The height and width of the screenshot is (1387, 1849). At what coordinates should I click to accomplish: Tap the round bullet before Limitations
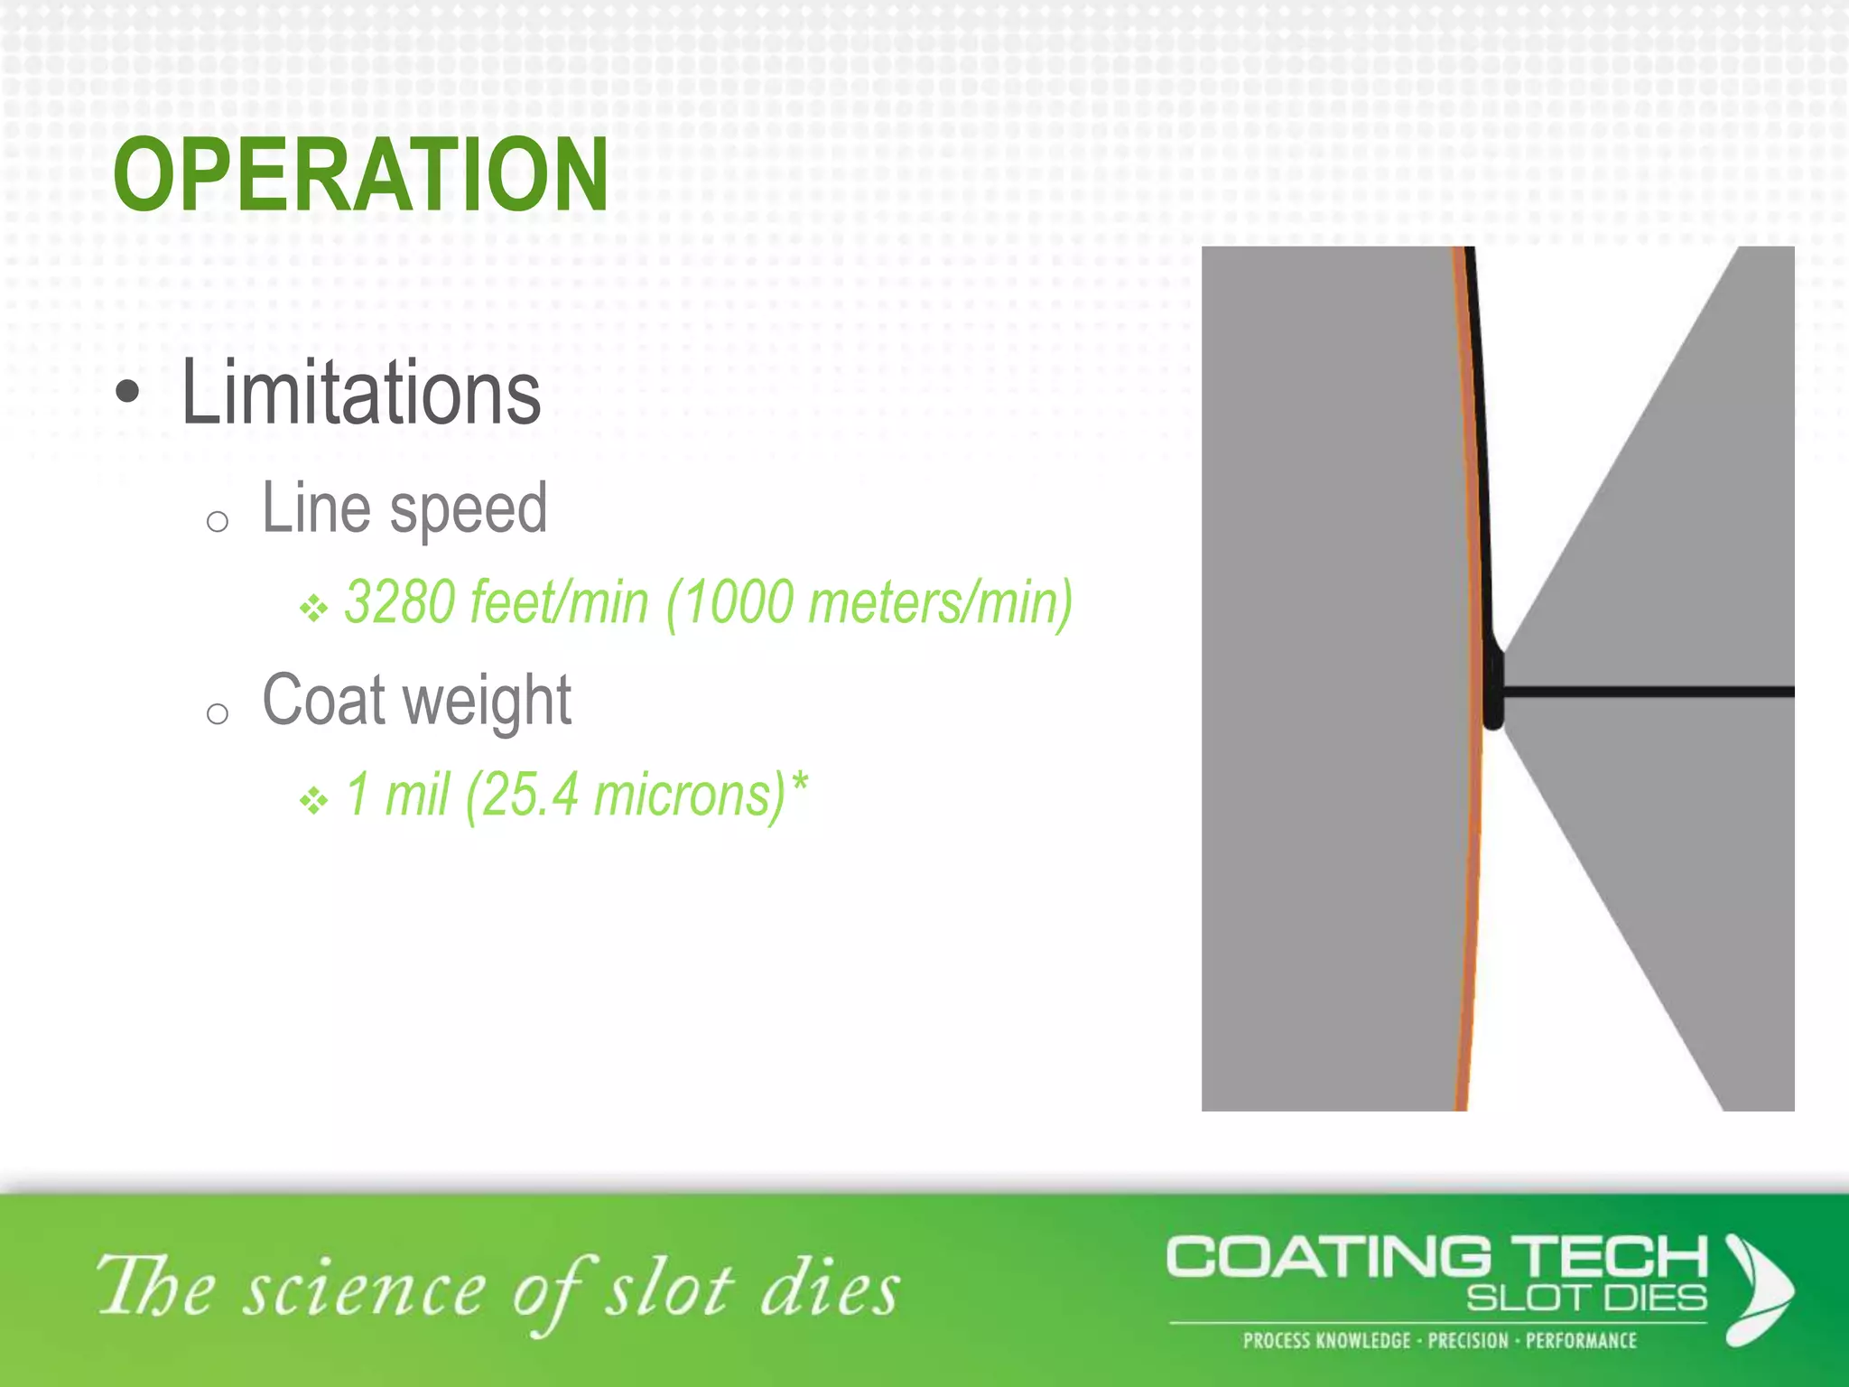pyautogui.click(x=128, y=393)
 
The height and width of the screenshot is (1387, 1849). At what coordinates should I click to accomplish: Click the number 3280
pyautogui.click(x=399, y=602)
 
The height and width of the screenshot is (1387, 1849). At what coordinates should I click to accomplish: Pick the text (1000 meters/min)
pyautogui.click(x=869, y=603)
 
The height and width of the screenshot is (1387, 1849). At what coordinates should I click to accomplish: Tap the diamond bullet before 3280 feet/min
pyautogui.click(x=313, y=608)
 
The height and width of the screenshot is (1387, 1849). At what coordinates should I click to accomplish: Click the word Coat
pyautogui.click(x=321, y=701)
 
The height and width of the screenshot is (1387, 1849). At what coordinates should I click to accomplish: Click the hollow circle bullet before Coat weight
pyautogui.click(x=217, y=714)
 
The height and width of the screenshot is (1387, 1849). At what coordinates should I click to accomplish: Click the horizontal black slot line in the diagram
pyautogui.click(x=1643, y=693)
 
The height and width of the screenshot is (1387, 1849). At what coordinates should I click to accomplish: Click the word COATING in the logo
pyautogui.click(x=1328, y=1258)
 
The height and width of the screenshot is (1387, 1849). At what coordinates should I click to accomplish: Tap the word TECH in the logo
pyautogui.click(x=1610, y=1258)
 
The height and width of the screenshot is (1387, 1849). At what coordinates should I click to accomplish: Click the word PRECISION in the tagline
pyautogui.click(x=1468, y=1340)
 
